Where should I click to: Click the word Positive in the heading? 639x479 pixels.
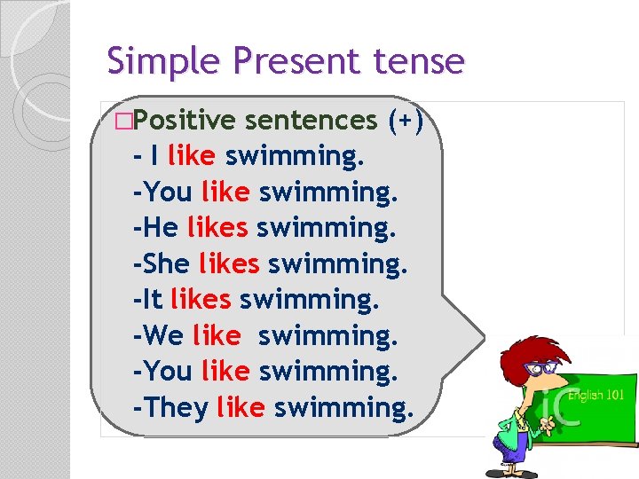tap(186, 120)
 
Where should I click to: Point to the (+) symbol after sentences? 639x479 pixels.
tap(409, 120)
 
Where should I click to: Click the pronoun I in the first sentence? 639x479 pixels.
tap(155, 156)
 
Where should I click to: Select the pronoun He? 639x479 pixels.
tap(161, 228)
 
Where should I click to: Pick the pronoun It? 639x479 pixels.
tap(154, 300)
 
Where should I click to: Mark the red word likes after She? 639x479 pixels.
tap(229, 264)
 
